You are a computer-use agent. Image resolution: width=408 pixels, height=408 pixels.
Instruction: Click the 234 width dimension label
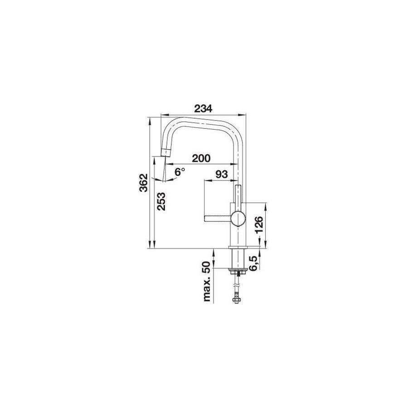203,108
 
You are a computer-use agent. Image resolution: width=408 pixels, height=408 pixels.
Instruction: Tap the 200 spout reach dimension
201,158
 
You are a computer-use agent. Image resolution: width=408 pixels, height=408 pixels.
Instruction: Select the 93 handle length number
222,174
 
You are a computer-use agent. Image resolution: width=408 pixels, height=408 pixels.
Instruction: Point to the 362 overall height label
143,182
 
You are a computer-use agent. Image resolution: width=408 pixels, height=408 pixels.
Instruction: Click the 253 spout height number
161,201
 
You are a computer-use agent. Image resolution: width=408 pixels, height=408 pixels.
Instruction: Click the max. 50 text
207,281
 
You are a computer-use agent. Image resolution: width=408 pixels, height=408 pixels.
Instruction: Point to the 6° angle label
180,172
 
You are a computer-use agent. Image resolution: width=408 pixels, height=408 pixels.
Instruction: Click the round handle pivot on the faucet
238,218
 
